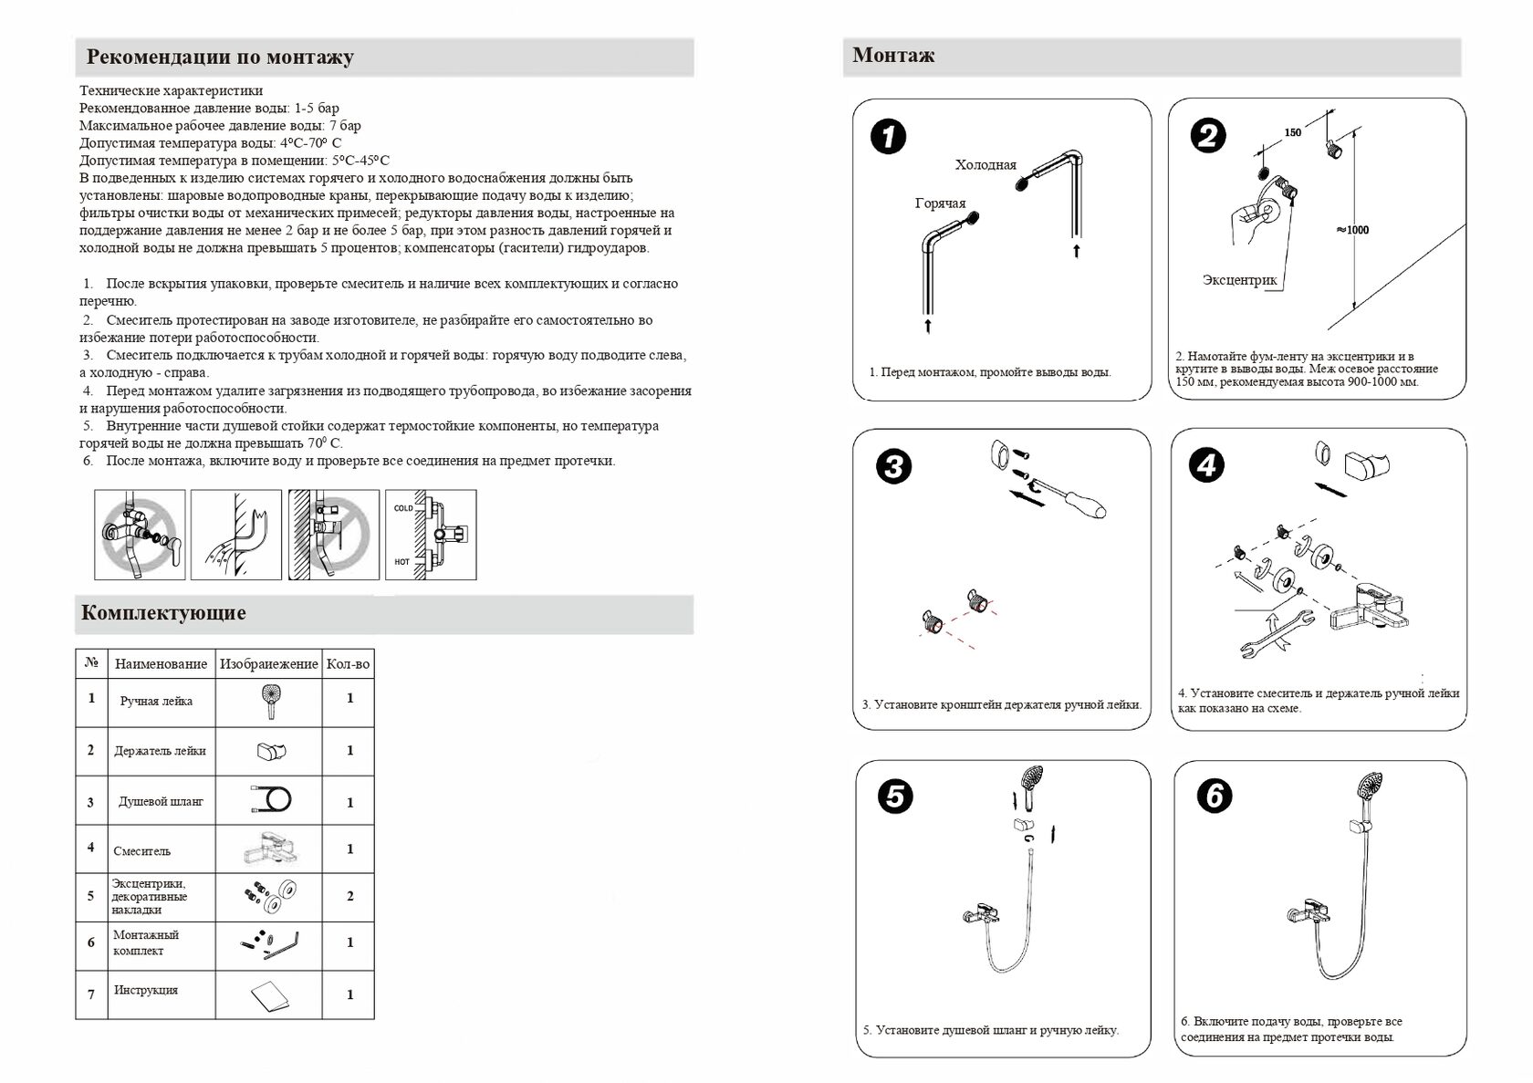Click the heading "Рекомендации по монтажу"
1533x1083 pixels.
point(220,57)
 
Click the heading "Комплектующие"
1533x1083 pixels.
point(163,613)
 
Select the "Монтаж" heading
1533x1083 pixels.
point(893,56)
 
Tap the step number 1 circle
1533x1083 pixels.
point(888,139)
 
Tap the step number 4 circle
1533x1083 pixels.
point(1206,465)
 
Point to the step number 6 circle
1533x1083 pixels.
point(1215,796)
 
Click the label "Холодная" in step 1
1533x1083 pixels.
point(985,165)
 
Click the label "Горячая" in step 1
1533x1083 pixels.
point(940,203)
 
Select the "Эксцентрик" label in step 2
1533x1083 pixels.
point(1239,280)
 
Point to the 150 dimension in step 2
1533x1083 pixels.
point(1292,133)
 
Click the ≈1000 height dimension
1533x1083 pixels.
point(1352,230)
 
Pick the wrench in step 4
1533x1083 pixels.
point(1276,633)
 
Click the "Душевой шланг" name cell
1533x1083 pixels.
point(161,802)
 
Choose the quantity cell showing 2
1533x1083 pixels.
point(350,896)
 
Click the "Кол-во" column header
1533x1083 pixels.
point(348,664)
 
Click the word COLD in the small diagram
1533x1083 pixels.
point(403,508)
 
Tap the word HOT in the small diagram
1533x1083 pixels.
point(402,562)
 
